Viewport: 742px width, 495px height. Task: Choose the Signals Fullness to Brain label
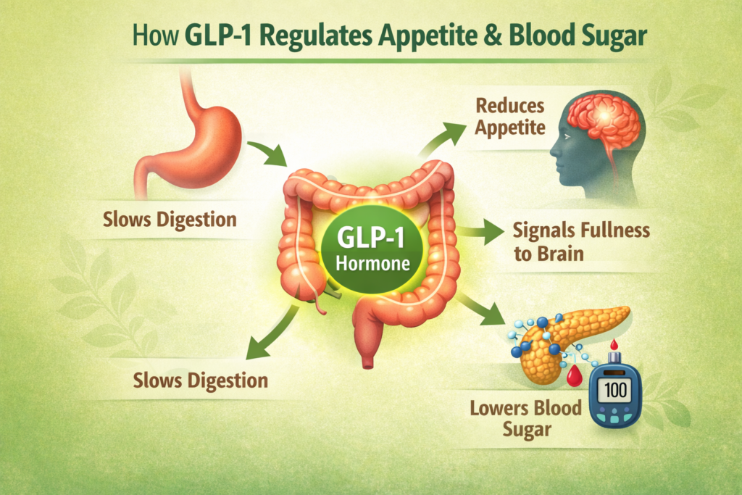coord(580,241)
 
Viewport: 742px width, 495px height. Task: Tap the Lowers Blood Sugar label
coord(525,417)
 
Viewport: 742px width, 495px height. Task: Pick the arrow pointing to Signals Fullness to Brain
coord(481,233)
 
